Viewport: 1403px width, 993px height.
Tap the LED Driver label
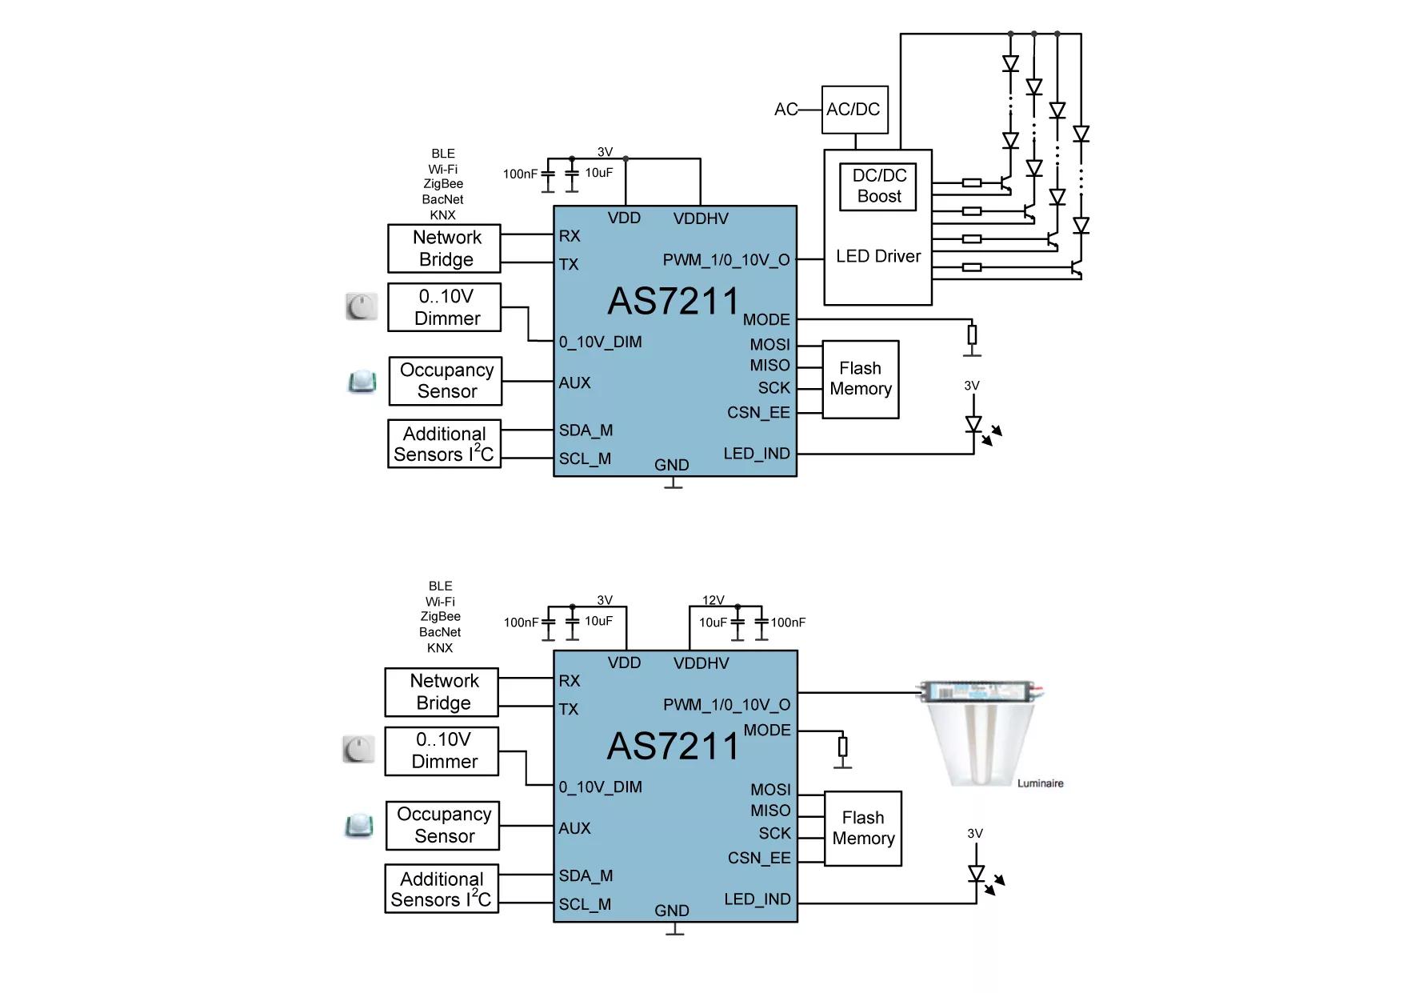click(x=878, y=256)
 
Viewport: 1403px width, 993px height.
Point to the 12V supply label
click(x=713, y=600)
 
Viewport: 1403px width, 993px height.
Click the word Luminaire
click(x=1040, y=783)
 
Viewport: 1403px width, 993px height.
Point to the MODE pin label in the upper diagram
click(x=766, y=320)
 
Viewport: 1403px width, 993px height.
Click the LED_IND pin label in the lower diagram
click(x=757, y=899)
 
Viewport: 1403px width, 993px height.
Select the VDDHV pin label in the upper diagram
click(x=701, y=218)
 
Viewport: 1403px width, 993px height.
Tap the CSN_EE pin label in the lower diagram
click(x=759, y=858)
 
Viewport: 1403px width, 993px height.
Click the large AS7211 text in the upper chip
click(x=674, y=302)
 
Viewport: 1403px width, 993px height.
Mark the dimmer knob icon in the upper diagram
click(x=362, y=306)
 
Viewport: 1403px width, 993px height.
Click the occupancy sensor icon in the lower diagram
click(x=359, y=826)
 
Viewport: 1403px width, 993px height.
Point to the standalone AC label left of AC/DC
click(x=785, y=110)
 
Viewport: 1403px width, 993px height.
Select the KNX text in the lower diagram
click(x=440, y=648)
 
